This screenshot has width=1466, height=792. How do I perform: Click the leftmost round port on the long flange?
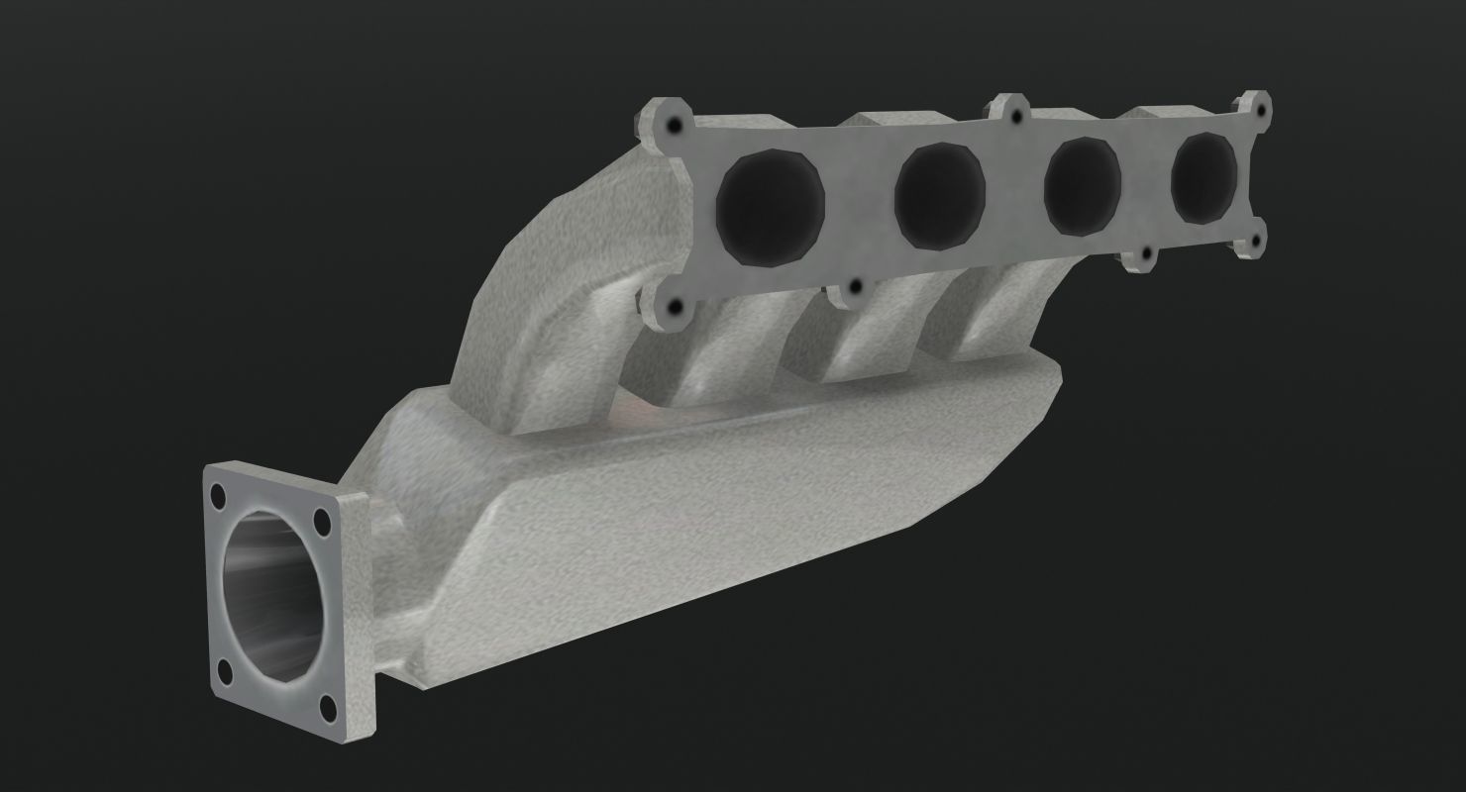[x=771, y=205]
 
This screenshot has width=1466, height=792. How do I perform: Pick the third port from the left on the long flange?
[x=1083, y=181]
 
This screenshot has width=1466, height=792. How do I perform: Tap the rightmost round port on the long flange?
[x=1204, y=176]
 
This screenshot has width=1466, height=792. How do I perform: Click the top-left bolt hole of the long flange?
[x=674, y=127]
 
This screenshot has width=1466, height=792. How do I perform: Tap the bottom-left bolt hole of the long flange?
[x=674, y=308]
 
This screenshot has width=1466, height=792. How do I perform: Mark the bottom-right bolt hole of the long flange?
[x=1256, y=241]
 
